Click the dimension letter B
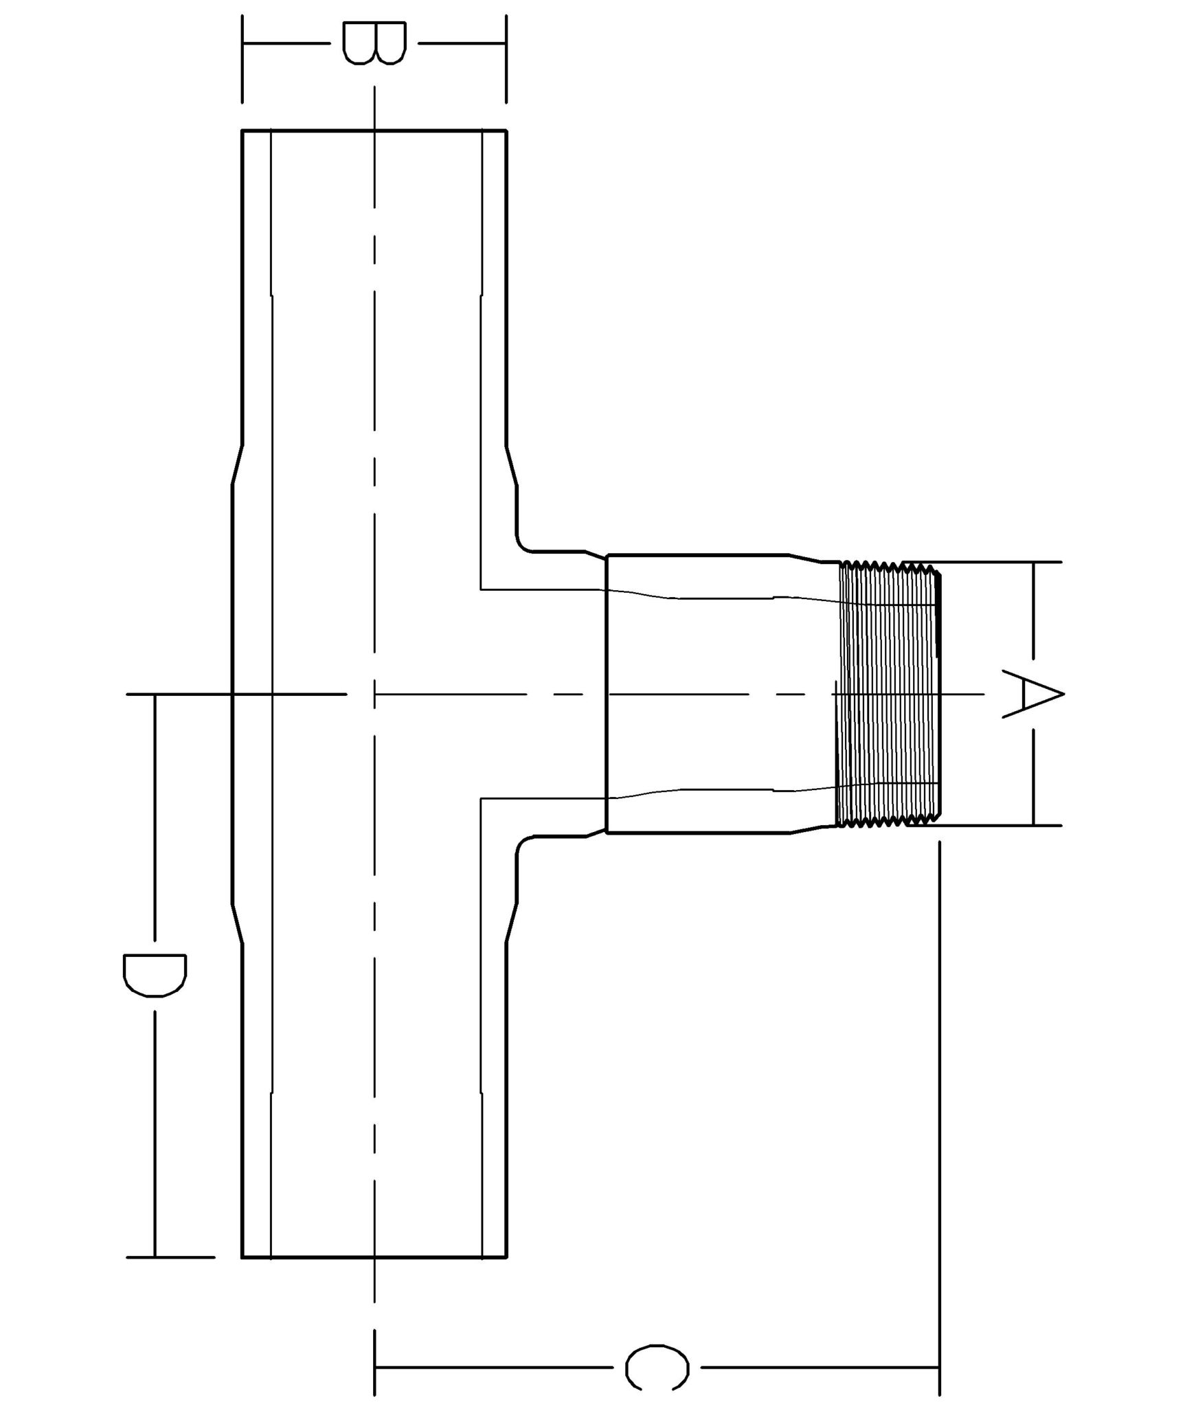[374, 43]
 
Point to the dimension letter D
[155, 975]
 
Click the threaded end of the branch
[889, 694]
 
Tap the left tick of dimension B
[242, 58]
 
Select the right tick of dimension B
[506, 58]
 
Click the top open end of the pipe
[374, 130]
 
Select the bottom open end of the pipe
[374, 1257]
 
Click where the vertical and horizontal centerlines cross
[374, 694]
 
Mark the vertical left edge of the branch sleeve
[606, 694]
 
